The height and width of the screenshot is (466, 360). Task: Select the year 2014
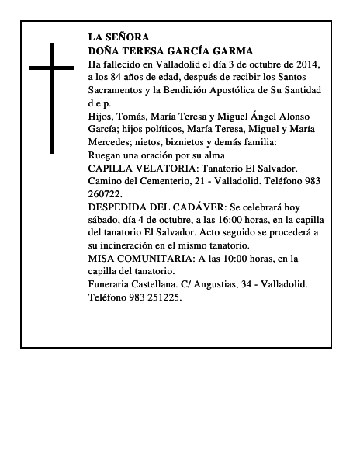click(308, 64)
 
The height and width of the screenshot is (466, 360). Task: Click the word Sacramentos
click(117, 90)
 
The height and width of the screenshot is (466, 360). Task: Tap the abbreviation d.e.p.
click(100, 103)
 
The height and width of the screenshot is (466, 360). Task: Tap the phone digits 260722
click(105, 194)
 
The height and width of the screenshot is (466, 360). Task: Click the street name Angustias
click(220, 285)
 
